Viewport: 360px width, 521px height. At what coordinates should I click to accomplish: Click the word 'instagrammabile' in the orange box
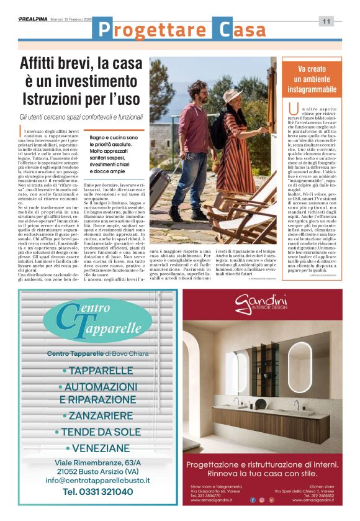point(312,91)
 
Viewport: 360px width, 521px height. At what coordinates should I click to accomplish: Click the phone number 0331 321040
point(97,491)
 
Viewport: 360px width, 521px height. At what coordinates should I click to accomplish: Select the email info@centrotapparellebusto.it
point(98,479)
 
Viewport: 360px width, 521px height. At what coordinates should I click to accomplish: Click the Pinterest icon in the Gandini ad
point(271,499)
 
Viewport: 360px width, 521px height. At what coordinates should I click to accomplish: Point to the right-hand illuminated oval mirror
point(302,367)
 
